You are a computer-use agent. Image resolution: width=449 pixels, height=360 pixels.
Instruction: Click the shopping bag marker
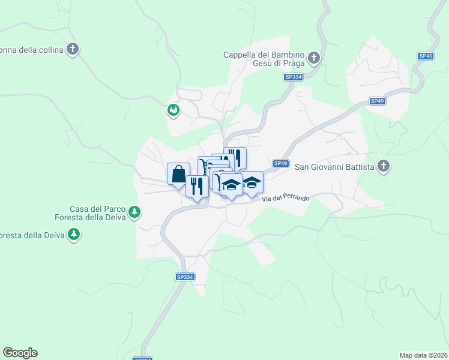coord(179,175)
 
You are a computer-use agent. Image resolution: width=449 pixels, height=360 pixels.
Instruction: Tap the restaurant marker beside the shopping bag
coord(197,185)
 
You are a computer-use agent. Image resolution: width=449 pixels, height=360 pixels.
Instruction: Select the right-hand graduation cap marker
coord(252,182)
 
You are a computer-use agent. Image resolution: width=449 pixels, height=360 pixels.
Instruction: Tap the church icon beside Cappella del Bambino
coord(313,58)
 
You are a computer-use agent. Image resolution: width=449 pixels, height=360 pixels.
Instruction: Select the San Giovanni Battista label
coord(334,166)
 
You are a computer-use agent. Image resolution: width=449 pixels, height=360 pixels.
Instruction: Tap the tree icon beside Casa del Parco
coord(136,212)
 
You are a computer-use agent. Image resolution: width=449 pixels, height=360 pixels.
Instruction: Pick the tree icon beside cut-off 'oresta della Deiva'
coord(74,234)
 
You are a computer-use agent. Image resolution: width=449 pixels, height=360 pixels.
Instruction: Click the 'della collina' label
coord(32,50)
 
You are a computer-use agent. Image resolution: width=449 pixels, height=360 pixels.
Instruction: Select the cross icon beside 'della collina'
coord(73,49)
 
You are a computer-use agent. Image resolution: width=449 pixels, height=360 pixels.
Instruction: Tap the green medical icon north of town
coord(173,110)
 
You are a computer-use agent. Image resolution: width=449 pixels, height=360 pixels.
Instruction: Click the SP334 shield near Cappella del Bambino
coord(293,77)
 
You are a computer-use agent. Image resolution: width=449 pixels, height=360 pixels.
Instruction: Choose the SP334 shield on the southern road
coord(185,277)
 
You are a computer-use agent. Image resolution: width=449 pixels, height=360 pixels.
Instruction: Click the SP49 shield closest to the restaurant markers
coord(281,163)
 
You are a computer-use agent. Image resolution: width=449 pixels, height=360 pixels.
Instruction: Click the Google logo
coord(20,353)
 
